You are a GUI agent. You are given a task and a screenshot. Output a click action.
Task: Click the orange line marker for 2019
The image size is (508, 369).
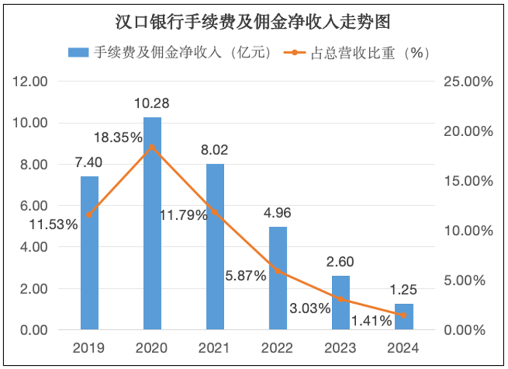point(89,215)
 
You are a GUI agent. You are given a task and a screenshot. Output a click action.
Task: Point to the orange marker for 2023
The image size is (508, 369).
point(341,299)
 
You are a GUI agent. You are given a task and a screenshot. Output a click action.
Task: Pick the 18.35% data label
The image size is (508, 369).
point(118,138)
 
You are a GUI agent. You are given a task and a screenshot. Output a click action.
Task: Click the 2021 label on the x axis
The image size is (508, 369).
point(215,348)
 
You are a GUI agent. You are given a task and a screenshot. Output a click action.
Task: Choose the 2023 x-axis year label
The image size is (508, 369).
point(341,348)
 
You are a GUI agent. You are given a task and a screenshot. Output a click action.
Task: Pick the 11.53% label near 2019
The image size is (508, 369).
point(54,225)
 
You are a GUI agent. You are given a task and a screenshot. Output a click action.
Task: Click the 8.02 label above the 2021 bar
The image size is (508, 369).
point(214,150)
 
